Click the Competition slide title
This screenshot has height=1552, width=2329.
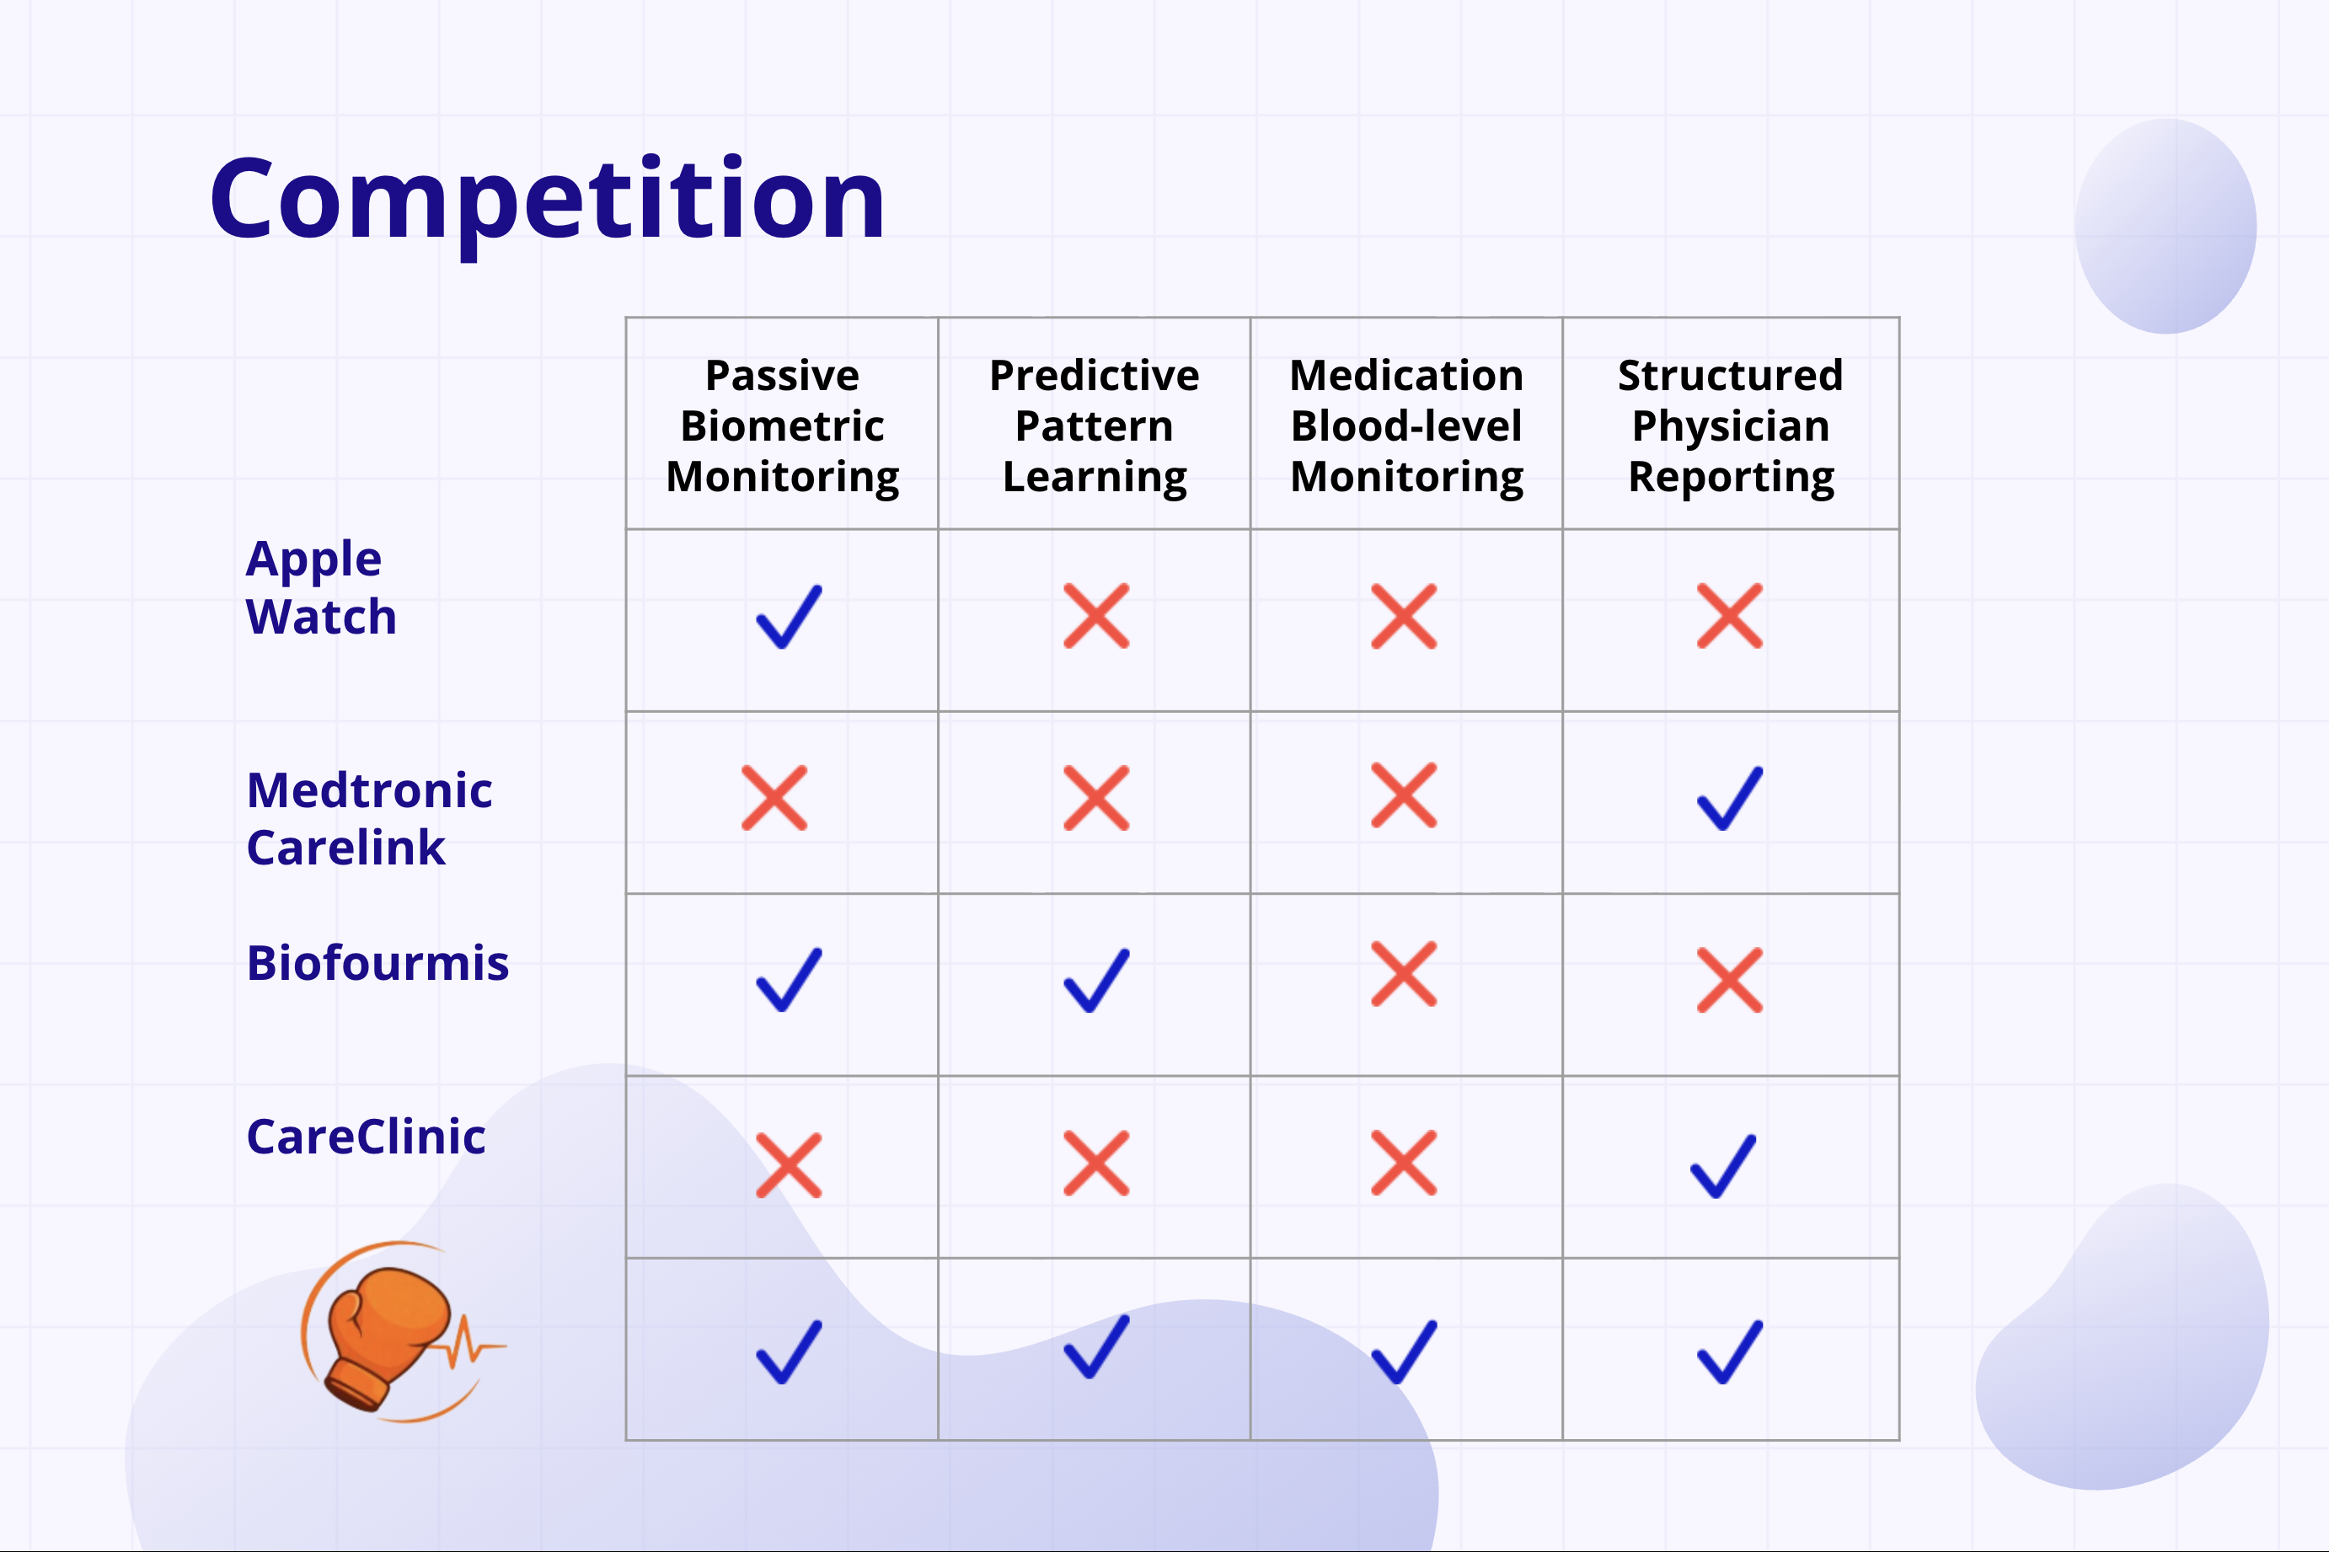pyautogui.click(x=548, y=200)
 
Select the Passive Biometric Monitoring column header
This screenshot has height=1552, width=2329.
pyautogui.click(x=782, y=426)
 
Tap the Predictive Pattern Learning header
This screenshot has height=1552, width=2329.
pyautogui.click(x=1095, y=426)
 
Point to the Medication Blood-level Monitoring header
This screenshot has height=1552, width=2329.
pyautogui.click(x=1406, y=426)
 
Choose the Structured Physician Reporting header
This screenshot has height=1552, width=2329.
pyautogui.click(x=1730, y=426)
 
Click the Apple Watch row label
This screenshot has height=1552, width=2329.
pyautogui.click(x=321, y=588)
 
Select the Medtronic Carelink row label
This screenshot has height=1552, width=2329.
pyautogui.click(x=369, y=819)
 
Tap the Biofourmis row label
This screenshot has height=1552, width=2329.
pyautogui.click(x=377, y=963)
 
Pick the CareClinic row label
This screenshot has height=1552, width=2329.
pyautogui.click(x=365, y=1137)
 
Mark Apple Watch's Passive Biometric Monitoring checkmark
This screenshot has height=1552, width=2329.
pyautogui.click(x=789, y=617)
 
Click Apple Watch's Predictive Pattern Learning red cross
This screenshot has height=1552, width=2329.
pyautogui.click(x=1095, y=616)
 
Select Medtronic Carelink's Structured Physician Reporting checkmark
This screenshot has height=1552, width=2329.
pyautogui.click(x=1730, y=798)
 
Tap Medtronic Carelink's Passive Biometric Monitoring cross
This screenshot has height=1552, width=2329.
pyautogui.click(x=774, y=798)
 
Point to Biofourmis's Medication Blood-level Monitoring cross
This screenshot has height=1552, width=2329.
pyautogui.click(x=1404, y=974)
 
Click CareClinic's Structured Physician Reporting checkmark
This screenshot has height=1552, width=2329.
pyautogui.click(x=1723, y=1166)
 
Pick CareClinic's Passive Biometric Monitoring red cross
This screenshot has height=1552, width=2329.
pyautogui.click(x=789, y=1165)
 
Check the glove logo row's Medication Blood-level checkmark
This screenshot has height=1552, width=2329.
pyautogui.click(x=1404, y=1351)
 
